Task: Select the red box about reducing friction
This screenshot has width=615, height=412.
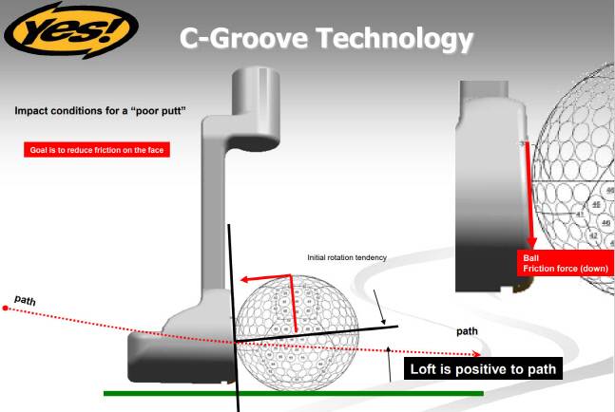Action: [97, 149]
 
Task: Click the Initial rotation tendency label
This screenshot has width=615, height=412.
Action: [347, 257]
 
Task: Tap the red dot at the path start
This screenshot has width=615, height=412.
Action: [7, 309]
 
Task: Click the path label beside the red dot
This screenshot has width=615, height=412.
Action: [26, 300]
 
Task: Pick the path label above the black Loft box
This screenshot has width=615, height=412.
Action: [467, 331]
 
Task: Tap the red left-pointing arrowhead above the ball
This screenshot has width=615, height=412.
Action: [243, 280]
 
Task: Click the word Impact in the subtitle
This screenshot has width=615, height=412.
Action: [32, 111]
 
